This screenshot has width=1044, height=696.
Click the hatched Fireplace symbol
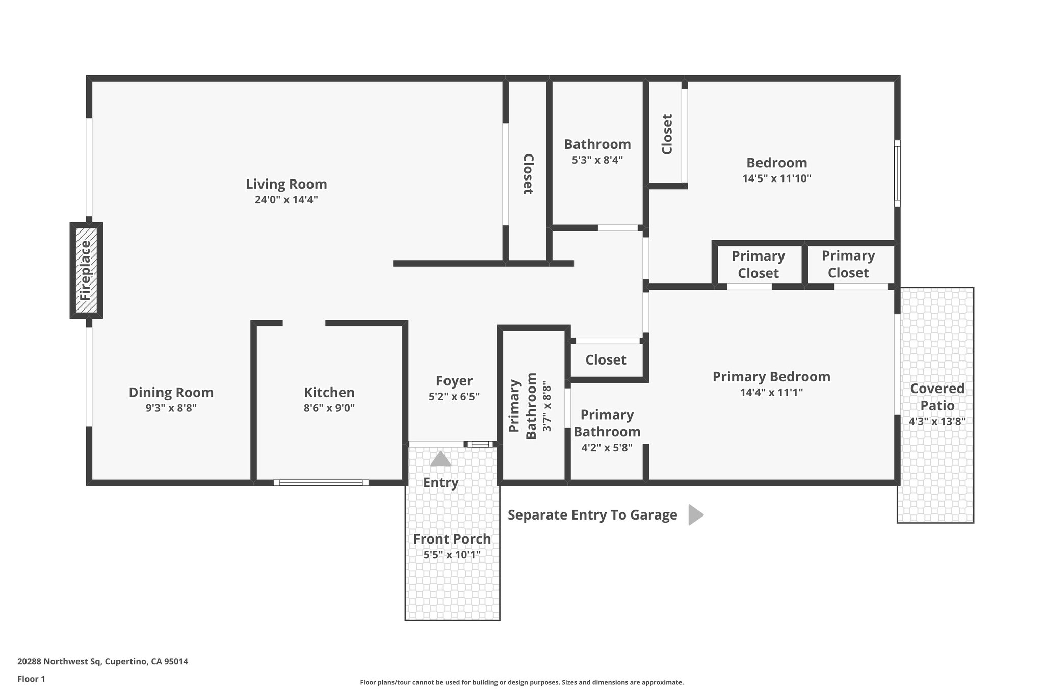(x=86, y=270)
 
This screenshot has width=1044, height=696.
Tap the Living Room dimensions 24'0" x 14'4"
(x=286, y=200)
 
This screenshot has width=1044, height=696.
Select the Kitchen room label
(x=329, y=392)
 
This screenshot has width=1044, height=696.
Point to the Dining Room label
(x=171, y=392)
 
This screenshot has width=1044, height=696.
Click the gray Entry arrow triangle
(x=440, y=459)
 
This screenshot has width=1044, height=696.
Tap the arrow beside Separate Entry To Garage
(x=695, y=515)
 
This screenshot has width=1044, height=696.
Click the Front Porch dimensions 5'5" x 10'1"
(x=452, y=555)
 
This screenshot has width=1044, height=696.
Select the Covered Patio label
(x=937, y=397)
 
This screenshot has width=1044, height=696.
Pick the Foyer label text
(x=454, y=381)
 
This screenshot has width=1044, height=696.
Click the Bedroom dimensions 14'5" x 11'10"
(x=776, y=179)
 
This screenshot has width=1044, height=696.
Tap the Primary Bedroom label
(x=771, y=377)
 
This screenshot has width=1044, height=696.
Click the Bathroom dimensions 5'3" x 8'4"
(x=597, y=160)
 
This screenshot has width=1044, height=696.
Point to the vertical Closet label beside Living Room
(x=528, y=174)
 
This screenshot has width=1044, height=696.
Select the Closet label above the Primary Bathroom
(x=606, y=360)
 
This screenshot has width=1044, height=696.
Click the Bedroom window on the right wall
(x=897, y=173)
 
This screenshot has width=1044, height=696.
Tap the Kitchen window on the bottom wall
(x=321, y=482)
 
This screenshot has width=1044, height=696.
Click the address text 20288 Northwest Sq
(x=102, y=662)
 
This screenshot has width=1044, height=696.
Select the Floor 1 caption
(x=31, y=679)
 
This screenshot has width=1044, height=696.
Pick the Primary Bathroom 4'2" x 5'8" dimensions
(x=607, y=448)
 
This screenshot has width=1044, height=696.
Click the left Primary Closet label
(x=758, y=264)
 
